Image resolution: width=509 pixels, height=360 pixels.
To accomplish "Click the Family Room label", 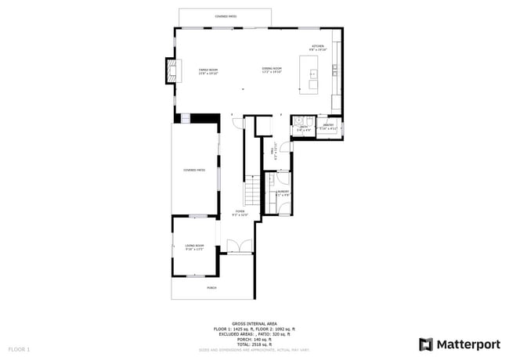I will coord(208,70).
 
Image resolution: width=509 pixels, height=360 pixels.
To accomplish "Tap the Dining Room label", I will coord(272,70).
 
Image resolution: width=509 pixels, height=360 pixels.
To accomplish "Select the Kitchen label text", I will coord(317,48).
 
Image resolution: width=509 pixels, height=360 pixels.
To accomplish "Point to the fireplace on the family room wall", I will coord(169,71).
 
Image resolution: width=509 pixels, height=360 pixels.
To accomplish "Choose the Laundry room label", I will coord(283,193).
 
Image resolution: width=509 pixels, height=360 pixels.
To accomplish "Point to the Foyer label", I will coord(240,213).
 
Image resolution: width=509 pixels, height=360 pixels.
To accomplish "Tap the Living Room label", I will coord(194,247).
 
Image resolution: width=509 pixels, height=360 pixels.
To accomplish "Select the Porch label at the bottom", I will coord(211,288).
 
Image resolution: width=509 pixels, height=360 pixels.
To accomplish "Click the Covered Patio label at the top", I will coord(226,16).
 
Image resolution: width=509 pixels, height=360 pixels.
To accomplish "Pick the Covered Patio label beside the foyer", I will coord(194,170).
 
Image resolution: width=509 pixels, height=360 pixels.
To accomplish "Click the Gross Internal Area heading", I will coord(254,322).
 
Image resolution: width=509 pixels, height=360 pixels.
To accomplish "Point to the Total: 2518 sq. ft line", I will coord(254,344).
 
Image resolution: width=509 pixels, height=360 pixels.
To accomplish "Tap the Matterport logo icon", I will coord(426,344).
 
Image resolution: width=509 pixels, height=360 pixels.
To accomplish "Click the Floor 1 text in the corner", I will coord(19,348).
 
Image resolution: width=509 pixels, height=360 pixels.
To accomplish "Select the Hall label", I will coord(273,146).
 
